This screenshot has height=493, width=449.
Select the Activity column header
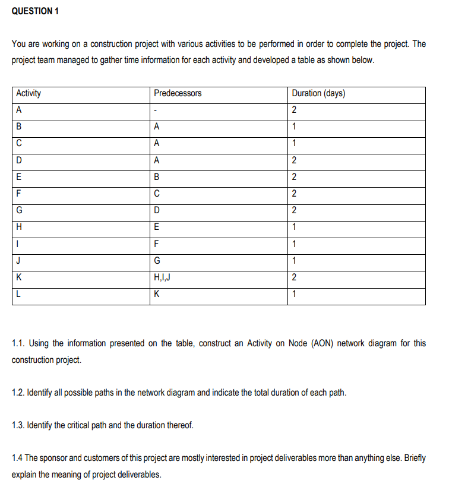click(x=29, y=93)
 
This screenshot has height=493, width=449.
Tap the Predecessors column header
click(x=178, y=93)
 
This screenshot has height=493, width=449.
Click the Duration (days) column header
click(x=319, y=93)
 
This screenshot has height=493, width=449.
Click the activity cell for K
click(x=20, y=277)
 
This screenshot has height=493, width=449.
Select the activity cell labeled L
click(x=19, y=295)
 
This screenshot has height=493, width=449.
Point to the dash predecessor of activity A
click(x=155, y=110)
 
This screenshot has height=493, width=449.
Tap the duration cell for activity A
click(x=294, y=110)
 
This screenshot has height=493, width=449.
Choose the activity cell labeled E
click(x=20, y=176)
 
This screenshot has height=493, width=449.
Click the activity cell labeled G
click(x=20, y=210)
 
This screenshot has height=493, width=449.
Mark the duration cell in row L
click(x=294, y=295)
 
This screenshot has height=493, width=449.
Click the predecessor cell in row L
click(x=156, y=295)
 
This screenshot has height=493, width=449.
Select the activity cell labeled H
click(x=20, y=227)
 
